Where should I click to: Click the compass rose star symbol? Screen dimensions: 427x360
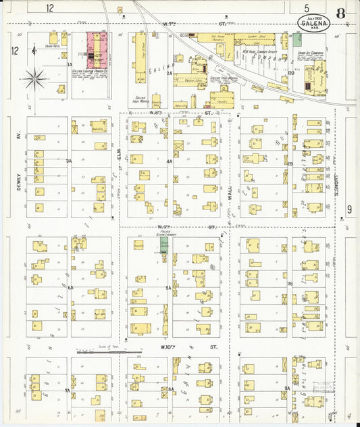coord(33,79)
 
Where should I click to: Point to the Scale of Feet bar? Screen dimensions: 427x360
coord(109,351)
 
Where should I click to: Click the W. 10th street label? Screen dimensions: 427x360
coord(168,347)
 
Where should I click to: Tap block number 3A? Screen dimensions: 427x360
coord(69,161)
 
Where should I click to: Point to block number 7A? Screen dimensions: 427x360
coord(68,391)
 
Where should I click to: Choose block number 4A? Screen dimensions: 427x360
coord(170,161)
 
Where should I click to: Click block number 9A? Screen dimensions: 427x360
coord(287,388)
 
